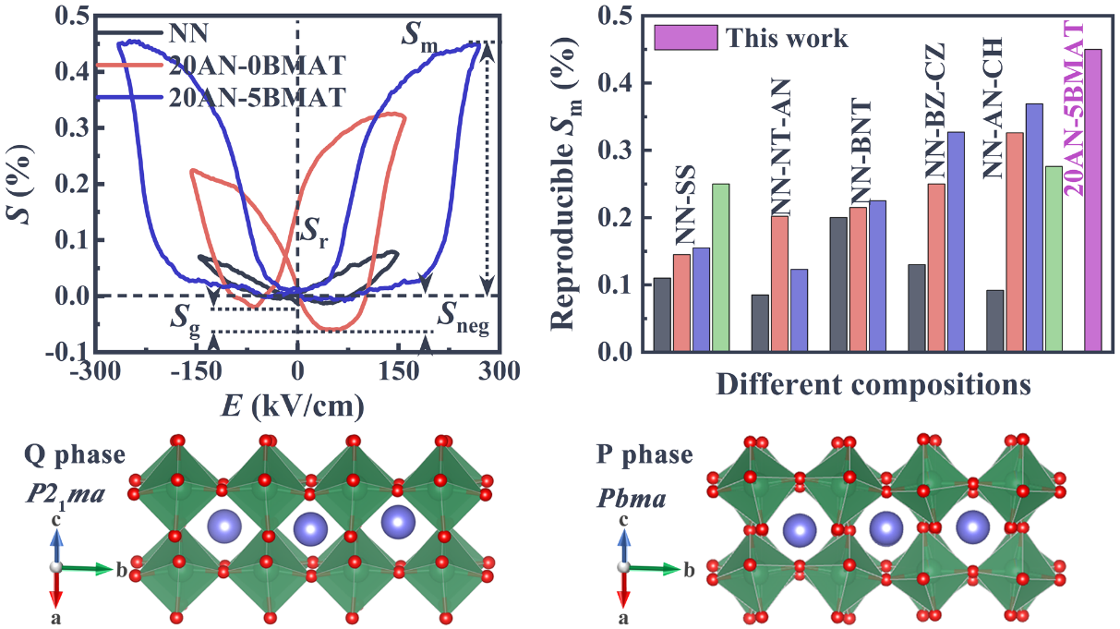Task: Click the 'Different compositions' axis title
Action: coord(873,381)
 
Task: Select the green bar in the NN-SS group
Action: coord(720,268)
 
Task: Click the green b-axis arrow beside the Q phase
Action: coord(88,567)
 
